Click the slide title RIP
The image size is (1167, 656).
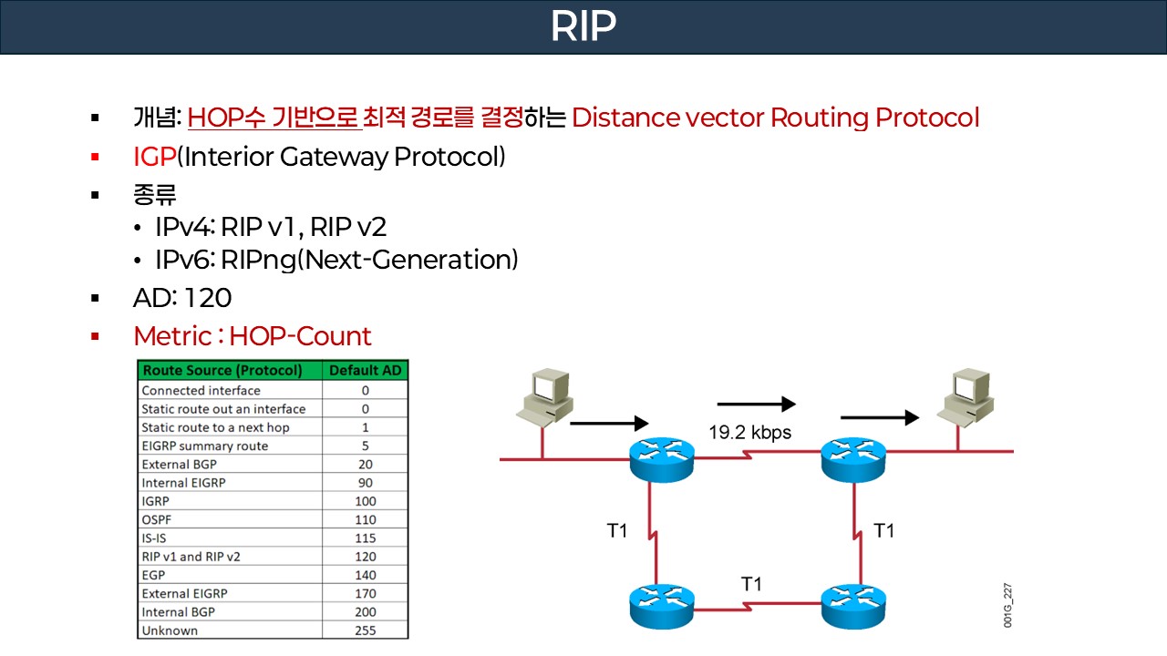click(x=583, y=27)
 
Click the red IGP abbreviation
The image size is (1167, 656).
click(x=154, y=157)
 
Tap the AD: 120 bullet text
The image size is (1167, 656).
click(x=182, y=298)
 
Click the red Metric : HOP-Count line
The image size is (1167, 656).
click(x=253, y=336)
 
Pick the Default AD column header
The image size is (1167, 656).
click(x=365, y=371)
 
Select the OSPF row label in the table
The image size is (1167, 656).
click(x=157, y=519)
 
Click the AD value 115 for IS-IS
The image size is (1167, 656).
click(x=365, y=538)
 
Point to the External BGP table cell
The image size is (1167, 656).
click(x=179, y=464)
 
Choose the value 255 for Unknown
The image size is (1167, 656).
click(x=365, y=630)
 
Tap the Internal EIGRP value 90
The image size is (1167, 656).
click(x=365, y=482)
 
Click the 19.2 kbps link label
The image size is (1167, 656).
click(x=749, y=433)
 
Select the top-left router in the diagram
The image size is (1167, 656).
click(x=662, y=457)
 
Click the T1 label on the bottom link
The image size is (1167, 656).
click(x=751, y=584)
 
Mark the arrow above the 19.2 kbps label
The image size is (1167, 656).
click(x=757, y=403)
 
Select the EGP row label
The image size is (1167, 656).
click(x=153, y=575)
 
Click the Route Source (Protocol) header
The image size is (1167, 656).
click(x=222, y=371)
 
